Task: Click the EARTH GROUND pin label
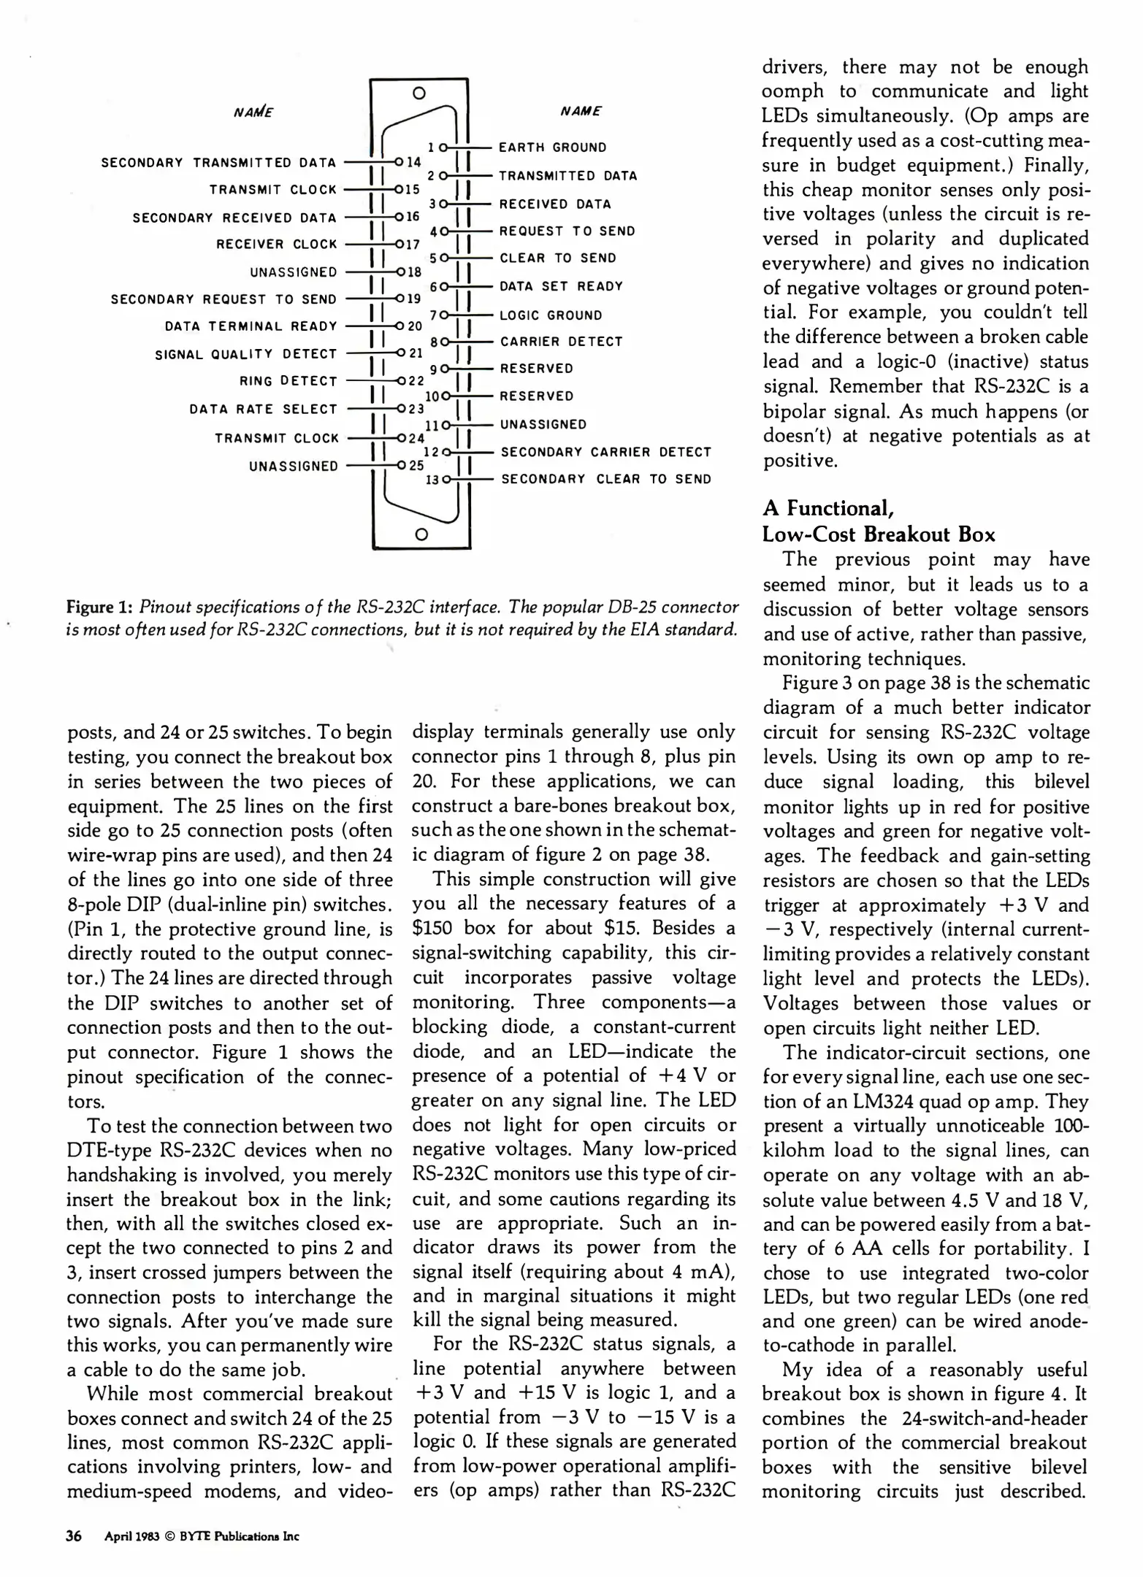(x=552, y=147)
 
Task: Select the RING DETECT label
(x=288, y=381)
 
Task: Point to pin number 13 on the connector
(x=432, y=480)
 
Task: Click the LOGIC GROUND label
(x=551, y=315)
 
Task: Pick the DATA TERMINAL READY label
(x=251, y=326)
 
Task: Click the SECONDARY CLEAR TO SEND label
(x=605, y=480)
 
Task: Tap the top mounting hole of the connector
(x=418, y=93)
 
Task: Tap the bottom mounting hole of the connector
(x=420, y=534)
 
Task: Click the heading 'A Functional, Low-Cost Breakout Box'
(x=878, y=521)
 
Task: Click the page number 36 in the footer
(x=74, y=1535)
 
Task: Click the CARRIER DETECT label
(x=561, y=342)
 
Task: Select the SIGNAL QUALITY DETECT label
(x=245, y=354)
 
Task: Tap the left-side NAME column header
(x=253, y=112)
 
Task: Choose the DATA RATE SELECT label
(x=263, y=410)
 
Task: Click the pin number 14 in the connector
(x=414, y=162)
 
